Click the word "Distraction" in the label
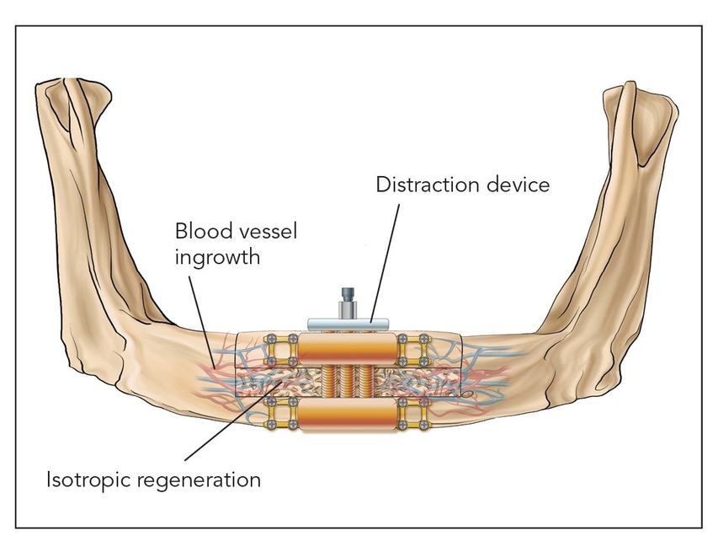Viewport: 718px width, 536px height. [423, 184]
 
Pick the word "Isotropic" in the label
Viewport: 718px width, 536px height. [88, 480]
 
